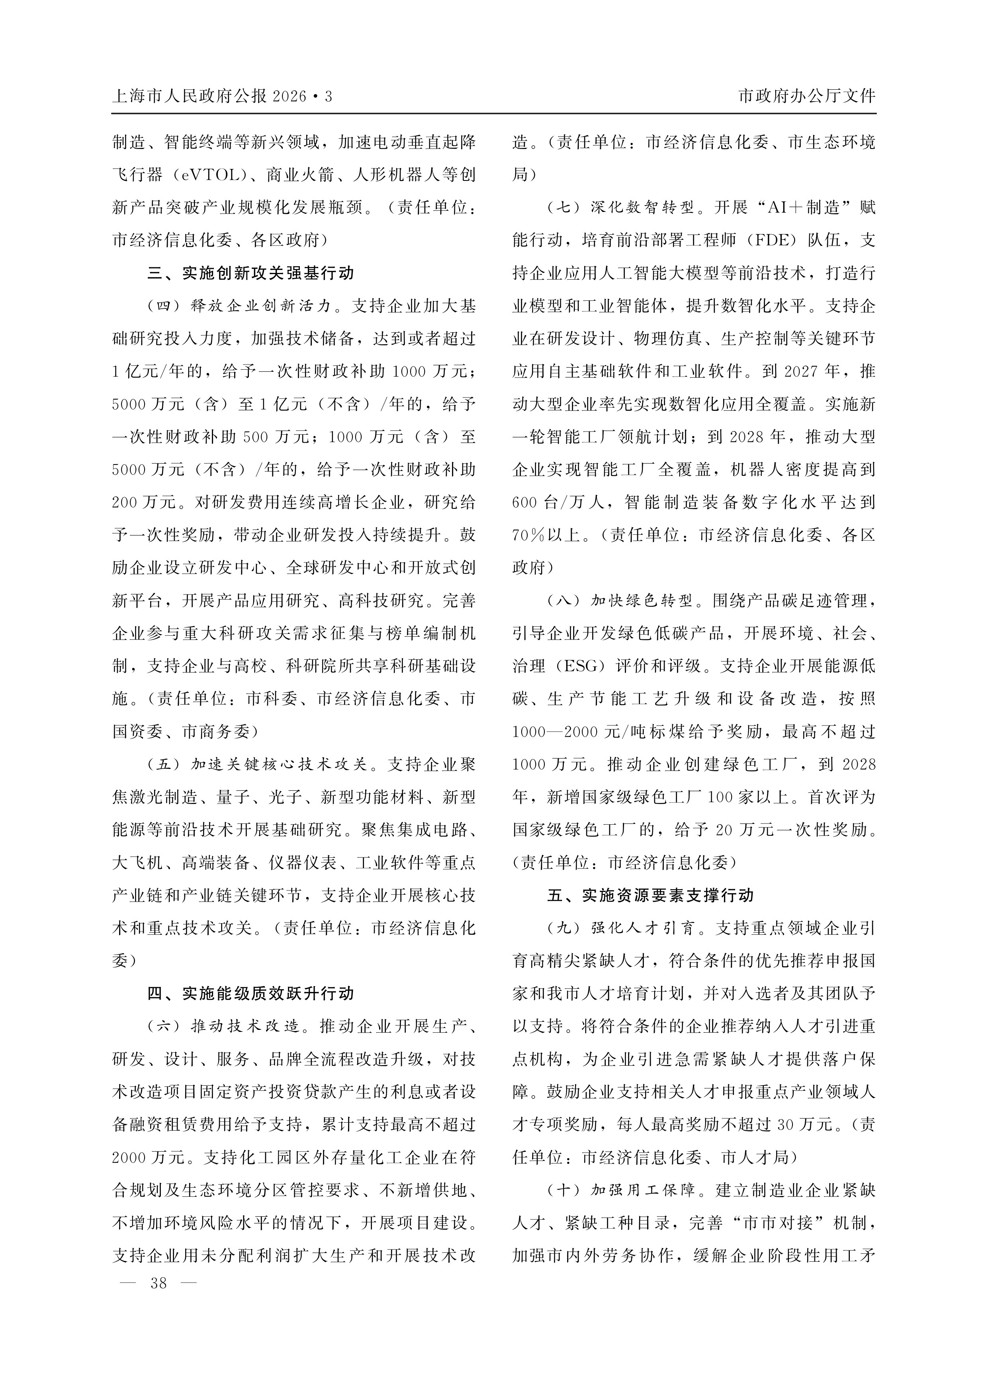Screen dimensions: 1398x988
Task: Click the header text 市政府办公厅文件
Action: pos(806,96)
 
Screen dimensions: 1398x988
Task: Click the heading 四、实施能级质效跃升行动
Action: pos(250,994)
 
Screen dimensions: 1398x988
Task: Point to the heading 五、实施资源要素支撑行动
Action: pos(650,895)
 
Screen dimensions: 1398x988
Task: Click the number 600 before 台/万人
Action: pos(524,502)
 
